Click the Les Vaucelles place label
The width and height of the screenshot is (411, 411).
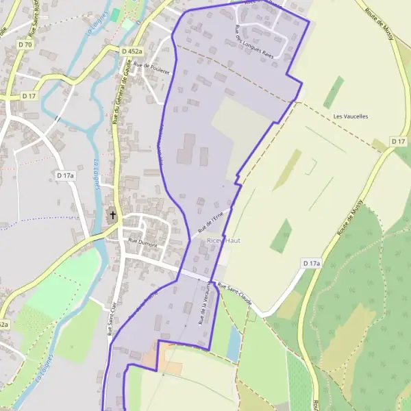click(x=351, y=116)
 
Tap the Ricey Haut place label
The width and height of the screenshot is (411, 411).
click(x=223, y=242)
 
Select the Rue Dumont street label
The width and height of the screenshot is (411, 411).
click(x=142, y=243)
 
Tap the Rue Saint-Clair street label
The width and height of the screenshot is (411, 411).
click(x=110, y=319)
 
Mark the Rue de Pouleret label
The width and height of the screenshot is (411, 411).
click(x=151, y=65)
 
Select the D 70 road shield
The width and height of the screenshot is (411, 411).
click(x=25, y=45)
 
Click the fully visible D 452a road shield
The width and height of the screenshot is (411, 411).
click(x=132, y=51)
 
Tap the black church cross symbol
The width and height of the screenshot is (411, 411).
click(x=113, y=216)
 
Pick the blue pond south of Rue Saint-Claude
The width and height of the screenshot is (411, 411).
click(x=234, y=342)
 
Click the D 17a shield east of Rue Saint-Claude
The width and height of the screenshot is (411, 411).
click(x=311, y=263)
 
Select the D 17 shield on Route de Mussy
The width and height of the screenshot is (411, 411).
click(x=399, y=141)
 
